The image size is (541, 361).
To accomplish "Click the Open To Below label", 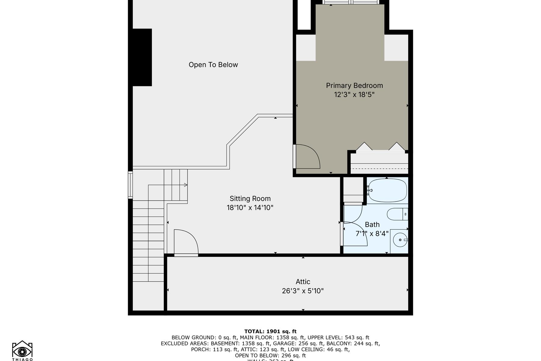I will point(213,65).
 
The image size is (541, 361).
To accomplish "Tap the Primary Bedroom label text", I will point(354,85).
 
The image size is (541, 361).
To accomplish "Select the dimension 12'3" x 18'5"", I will point(354,95).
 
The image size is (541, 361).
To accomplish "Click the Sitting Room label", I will point(250,199).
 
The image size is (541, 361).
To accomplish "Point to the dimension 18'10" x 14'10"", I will point(250,208).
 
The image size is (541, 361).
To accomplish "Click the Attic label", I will point(303,282).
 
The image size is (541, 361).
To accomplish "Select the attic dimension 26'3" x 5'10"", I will point(303,291).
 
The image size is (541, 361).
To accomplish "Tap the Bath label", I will point(372,224).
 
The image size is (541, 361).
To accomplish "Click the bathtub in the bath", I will point(387,190).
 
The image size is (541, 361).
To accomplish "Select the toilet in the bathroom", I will point(397,214).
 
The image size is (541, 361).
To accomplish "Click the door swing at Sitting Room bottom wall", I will point(185,242).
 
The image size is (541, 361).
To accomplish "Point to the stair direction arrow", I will point(185,185).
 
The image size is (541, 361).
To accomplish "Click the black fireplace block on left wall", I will point(142,57).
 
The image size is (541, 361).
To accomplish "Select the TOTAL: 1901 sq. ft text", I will point(270,332).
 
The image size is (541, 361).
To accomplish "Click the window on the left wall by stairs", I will point(130,185).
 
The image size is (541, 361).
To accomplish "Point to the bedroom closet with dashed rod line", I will point(379,164).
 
